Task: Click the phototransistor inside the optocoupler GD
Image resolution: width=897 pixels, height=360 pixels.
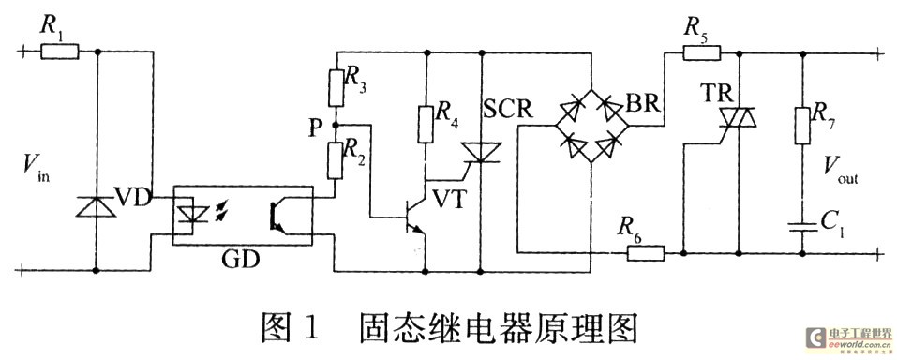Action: coord(277,215)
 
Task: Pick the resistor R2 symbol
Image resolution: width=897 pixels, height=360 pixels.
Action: coord(336,156)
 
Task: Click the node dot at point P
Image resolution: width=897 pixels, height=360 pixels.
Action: coord(336,123)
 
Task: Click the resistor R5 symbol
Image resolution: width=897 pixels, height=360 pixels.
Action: coord(698,52)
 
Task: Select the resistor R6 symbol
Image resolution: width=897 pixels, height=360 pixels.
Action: coord(645,252)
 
